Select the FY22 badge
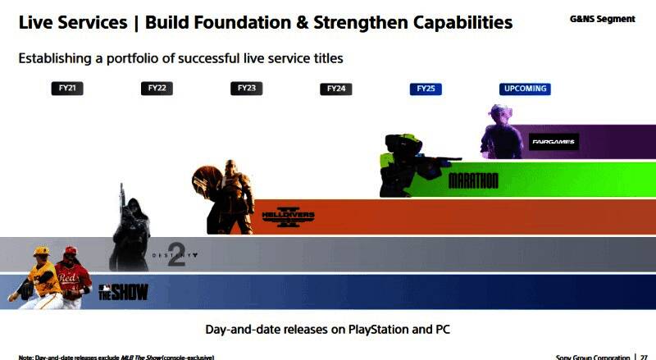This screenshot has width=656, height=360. (157, 89)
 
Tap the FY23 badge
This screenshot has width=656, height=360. (246, 89)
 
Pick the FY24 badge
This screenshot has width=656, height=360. (336, 89)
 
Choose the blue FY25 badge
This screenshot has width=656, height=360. (426, 89)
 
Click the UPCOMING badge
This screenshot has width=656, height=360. (524, 89)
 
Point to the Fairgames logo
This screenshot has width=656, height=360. (553, 142)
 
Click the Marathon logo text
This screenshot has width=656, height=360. (473, 180)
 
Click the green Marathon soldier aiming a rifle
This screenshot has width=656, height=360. (406, 164)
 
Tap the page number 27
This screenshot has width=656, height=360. (645, 357)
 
